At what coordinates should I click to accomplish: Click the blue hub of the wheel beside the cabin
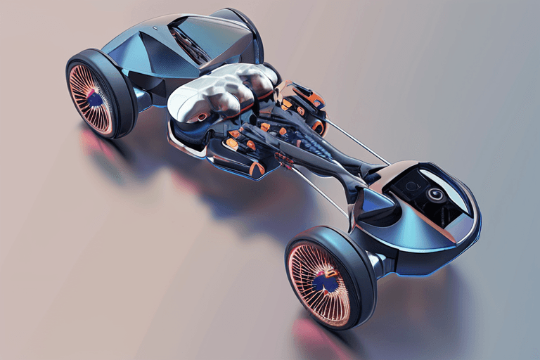pyautogui.click(x=94, y=98)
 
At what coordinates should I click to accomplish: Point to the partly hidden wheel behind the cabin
pyautogui.click(x=243, y=25)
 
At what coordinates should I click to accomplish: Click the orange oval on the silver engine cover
pyautogui.click(x=202, y=117)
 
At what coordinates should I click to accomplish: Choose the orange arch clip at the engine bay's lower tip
pyautogui.click(x=257, y=169)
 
